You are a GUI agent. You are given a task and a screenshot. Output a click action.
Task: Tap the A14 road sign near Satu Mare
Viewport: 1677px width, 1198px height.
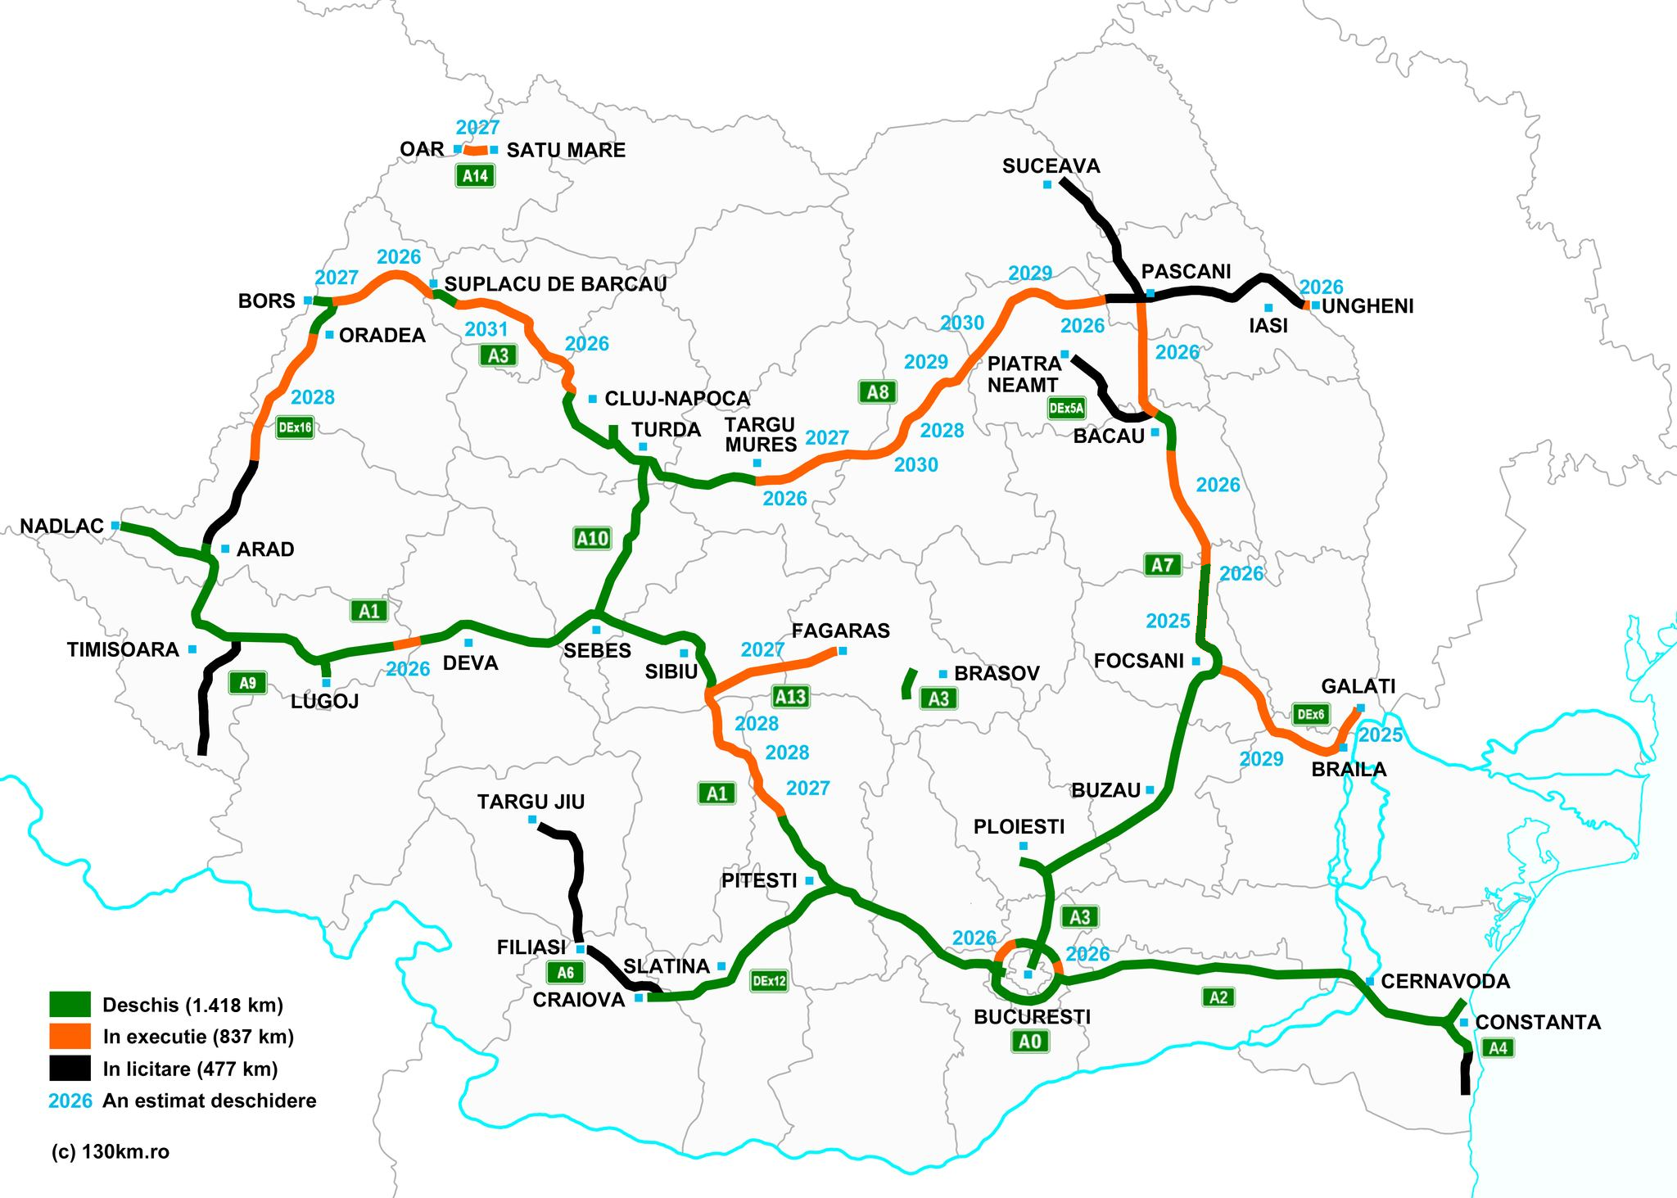click(x=475, y=175)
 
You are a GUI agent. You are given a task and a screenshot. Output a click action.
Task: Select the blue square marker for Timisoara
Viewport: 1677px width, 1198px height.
click(x=192, y=649)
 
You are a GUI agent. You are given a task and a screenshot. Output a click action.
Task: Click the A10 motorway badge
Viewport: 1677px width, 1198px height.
click(x=592, y=538)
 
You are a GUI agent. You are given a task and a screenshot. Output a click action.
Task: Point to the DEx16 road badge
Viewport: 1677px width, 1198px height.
click(x=295, y=427)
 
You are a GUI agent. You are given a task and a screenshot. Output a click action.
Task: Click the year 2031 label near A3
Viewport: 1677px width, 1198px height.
click(x=486, y=329)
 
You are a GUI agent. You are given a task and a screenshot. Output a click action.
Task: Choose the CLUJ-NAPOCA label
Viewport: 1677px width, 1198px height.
click(x=677, y=399)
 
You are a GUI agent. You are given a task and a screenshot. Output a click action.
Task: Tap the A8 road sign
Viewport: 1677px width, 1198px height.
click(x=878, y=392)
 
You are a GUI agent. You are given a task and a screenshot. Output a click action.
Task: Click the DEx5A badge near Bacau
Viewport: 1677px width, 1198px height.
click(x=1066, y=408)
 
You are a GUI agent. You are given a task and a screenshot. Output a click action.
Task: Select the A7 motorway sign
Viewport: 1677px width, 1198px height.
click(x=1163, y=565)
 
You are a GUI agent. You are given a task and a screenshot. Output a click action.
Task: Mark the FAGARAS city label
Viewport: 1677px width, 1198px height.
click(x=840, y=631)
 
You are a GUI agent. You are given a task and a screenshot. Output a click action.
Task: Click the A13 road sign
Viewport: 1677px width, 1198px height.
click(x=790, y=697)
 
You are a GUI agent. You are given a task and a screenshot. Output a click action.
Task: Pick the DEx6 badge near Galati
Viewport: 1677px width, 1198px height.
click(x=1310, y=714)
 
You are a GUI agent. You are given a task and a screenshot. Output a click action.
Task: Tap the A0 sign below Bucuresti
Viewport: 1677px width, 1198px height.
click(x=1030, y=1042)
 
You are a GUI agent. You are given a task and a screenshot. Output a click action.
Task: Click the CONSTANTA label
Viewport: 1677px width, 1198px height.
click(x=1538, y=1023)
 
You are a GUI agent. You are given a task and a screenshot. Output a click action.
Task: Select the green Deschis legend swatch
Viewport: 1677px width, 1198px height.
click(x=70, y=1005)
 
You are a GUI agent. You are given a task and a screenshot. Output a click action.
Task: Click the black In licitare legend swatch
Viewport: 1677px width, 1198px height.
click(x=70, y=1069)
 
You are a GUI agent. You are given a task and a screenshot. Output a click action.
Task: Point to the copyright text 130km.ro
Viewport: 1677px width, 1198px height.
click(x=110, y=1152)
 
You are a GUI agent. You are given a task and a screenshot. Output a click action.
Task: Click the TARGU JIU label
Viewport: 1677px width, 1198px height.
click(x=531, y=802)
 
